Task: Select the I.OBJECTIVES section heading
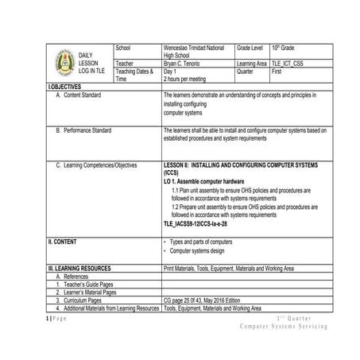coord(68,86)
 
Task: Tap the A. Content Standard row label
coord(89,95)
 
